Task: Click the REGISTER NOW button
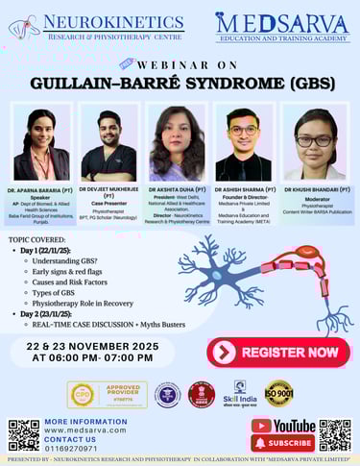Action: tap(277, 352)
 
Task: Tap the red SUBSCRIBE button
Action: tap(283, 443)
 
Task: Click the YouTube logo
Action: tap(283, 425)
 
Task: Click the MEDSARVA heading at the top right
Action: tap(282, 21)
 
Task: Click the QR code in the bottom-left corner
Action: tap(23, 434)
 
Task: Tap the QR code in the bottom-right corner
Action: tap(335, 434)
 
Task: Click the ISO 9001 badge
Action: tap(277, 394)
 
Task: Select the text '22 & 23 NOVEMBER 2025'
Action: tap(100, 344)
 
